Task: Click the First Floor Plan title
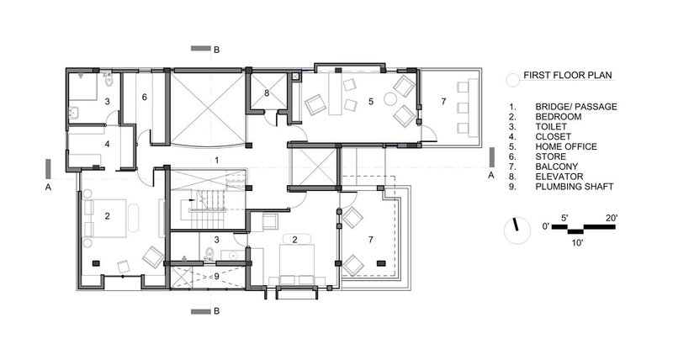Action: [x=567, y=75]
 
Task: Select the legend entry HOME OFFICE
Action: [x=565, y=146]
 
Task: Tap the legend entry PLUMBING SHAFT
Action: [x=575, y=187]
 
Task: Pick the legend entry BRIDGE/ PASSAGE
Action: [x=576, y=107]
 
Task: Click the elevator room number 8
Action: [x=267, y=93]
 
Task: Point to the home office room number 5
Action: [x=371, y=101]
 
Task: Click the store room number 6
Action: [x=145, y=98]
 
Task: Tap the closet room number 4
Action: [x=108, y=144]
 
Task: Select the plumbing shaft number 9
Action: [x=216, y=277]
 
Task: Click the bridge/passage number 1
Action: [x=217, y=160]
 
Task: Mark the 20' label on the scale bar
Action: [x=612, y=218]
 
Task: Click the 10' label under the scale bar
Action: [x=577, y=243]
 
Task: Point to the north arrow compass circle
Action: [x=517, y=230]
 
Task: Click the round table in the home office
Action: [x=390, y=99]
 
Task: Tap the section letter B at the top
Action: [x=217, y=50]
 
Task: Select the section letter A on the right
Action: [x=491, y=175]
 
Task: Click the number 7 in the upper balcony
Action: [x=443, y=102]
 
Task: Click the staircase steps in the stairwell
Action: [x=207, y=210]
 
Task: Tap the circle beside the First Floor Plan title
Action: [x=513, y=80]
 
